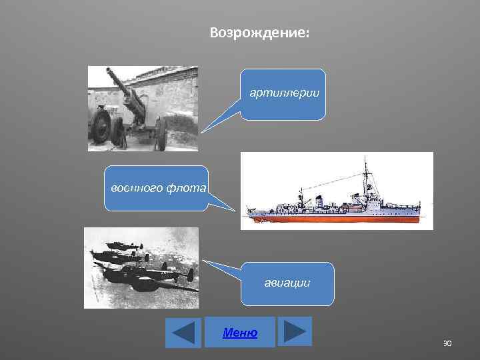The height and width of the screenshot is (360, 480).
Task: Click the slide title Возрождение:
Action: (x=259, y=32)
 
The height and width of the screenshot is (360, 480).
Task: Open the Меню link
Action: (x=240, y=333)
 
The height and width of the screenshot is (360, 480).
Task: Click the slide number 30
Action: (x=447, y=343)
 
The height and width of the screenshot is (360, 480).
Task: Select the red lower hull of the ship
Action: (x=333, y=217)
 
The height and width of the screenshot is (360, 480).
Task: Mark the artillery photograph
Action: (x=143, y=108)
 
